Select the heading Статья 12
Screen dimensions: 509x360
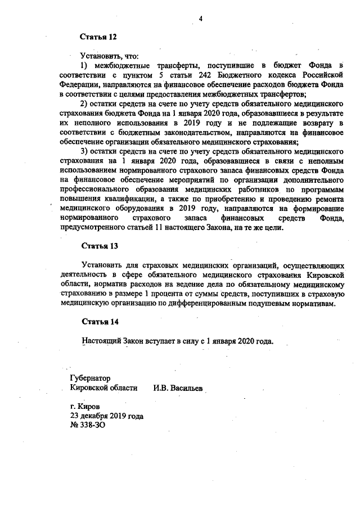(99, 38)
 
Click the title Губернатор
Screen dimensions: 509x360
(90, 379)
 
